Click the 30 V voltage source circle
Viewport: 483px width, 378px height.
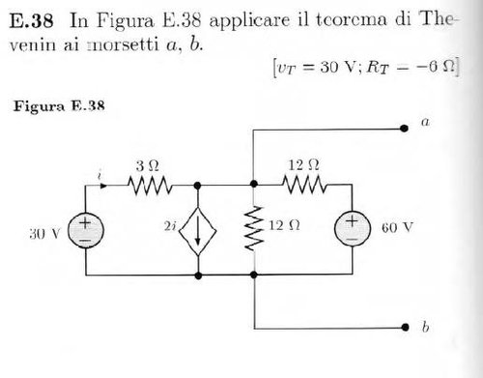coord(84,231)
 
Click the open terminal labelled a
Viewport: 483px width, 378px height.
coord(400,127)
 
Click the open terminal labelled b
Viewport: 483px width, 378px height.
coord(400,327)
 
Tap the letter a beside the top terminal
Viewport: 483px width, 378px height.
coord(425,123)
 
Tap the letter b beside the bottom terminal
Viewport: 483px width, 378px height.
coord(425,327)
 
